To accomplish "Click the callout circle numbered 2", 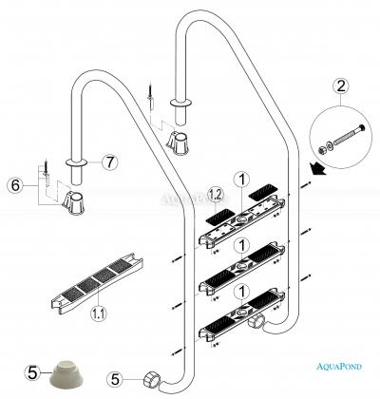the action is tap(340, 86).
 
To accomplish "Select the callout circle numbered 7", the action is tap(109, 162).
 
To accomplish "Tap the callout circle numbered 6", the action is tap(15, 185).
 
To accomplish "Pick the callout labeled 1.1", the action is tap(99, 313).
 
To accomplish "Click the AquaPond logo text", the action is tap(339, 367).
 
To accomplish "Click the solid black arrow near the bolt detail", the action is tap(318, 168).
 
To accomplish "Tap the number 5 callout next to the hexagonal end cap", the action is tap(115, 380).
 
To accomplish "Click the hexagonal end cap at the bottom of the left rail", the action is tap(151, 379).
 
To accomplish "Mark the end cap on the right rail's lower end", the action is tap(256, 322).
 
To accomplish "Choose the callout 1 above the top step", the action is tap(242, 180).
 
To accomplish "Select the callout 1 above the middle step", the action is tap(242, 245).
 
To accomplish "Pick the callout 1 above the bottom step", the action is tap(242, 292).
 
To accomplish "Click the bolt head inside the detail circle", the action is tap(361, 128).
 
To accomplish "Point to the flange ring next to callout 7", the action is tap(76, 162).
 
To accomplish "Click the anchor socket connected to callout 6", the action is tap(74, 203).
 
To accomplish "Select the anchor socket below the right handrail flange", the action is tap(177, 142).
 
